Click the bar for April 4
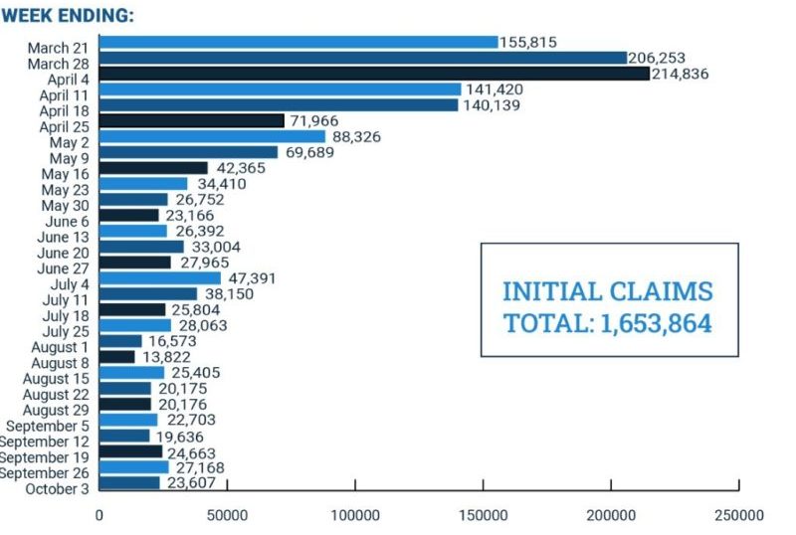(374, 74)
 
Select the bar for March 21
(298, 42)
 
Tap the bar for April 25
(192, 120)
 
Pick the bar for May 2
(212, 136)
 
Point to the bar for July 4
(160, 277)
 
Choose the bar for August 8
(116, 356)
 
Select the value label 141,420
(494, 89)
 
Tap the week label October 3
(59, 488)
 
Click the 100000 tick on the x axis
(355, 515)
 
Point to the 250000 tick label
(738, 515)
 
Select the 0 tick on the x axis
(99, 515)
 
